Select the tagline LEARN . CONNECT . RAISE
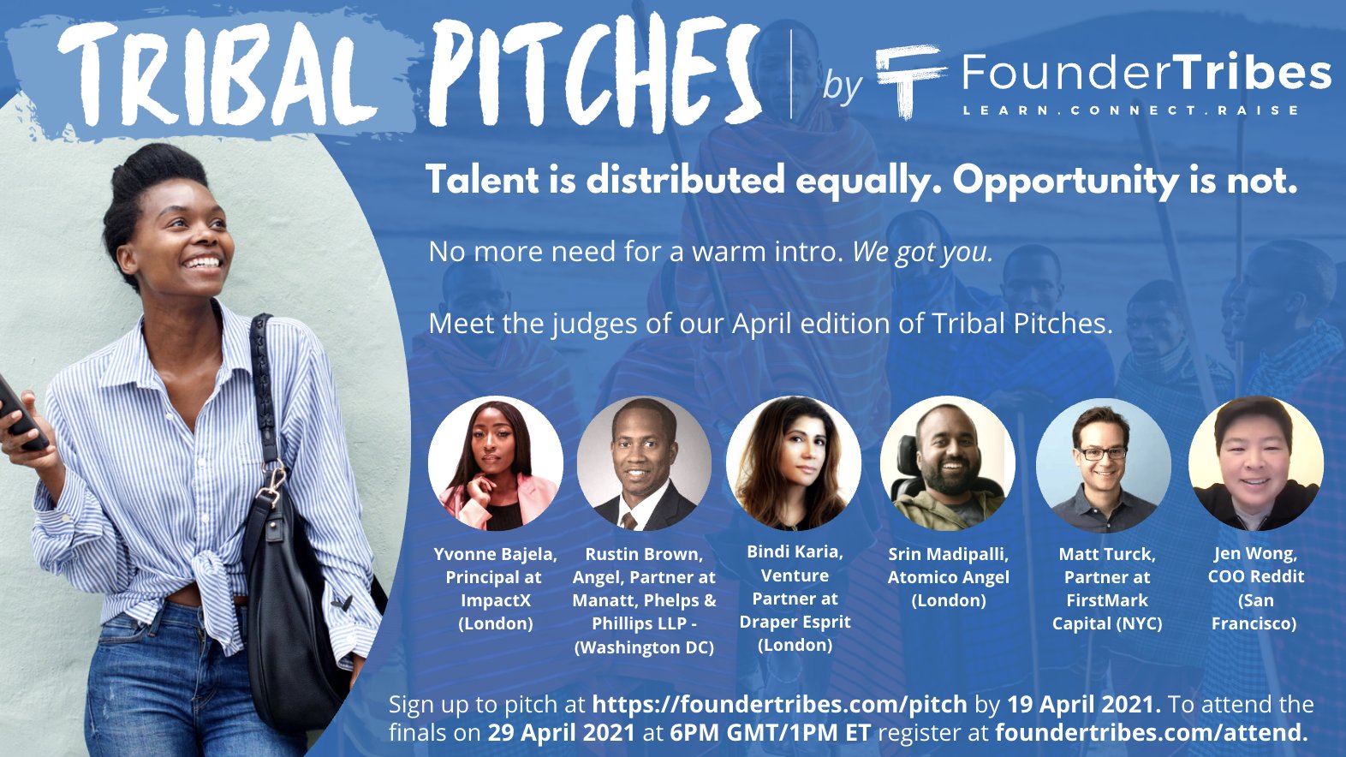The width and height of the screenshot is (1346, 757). tap(1130, 110)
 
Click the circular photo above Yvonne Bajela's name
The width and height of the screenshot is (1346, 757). tap(496, 463)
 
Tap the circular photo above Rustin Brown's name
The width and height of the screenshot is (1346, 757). tap(644, 463)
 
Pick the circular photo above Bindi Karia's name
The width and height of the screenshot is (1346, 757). tap(794, 463)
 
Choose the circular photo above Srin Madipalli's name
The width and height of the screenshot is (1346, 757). tap(948, 463)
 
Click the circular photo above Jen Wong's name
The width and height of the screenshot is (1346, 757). tap(1256, 463)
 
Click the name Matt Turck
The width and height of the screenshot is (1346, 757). tap(1107, 555)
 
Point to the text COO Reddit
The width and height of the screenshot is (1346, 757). tap(1256, 577)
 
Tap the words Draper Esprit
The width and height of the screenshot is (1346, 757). tap(795, 622)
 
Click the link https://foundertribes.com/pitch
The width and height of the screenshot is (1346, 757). tap(779, 704)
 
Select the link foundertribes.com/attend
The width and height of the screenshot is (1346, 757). tap(1152, 733)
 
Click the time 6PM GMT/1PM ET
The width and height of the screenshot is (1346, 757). tap(770, 733)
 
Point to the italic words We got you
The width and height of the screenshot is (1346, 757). tap(923, 253)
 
